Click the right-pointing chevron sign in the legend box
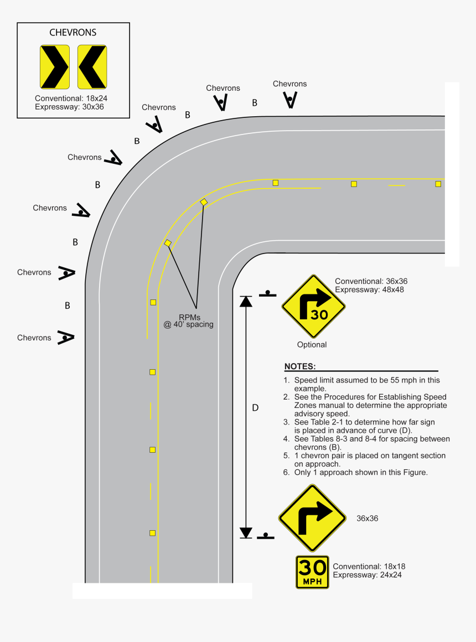click(55, 67)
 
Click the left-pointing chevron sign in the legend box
click(92, 67)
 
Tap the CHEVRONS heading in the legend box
click(73, 33)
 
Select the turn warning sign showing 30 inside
click(313, 306)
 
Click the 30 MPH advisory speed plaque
click(312, 572)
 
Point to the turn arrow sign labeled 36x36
click(312, 518)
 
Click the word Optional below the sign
click(312, 345)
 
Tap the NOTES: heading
click(300, 367)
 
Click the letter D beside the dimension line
click(255, 408)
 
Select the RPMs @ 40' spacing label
click(188, 320)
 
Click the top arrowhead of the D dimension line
click(246, 302)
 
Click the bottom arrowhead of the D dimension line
click(246, 532)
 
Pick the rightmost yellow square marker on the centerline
click(438, 184)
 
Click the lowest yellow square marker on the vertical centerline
click(152, 533)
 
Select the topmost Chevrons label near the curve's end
click(289, 84)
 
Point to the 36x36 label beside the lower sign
click(367, 519)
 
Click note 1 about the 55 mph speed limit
click(363, 384)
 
